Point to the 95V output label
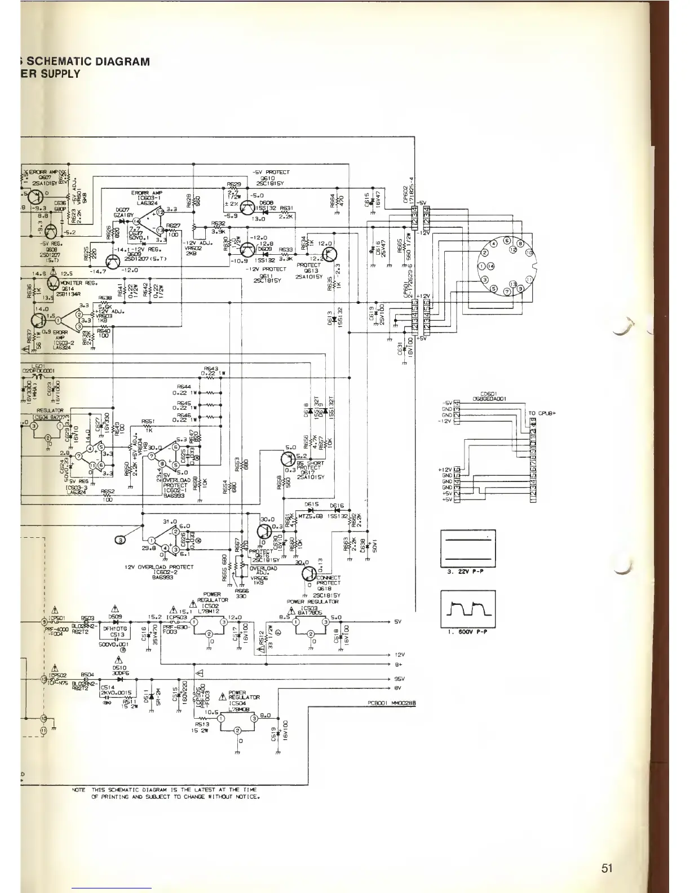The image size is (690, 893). coord(398,679)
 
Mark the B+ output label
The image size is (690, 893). coord(398,666)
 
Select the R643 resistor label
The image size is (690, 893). coord(210,368)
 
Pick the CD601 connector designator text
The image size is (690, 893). coord(488,394)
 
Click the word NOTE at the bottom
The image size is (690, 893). coord(78,790)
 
